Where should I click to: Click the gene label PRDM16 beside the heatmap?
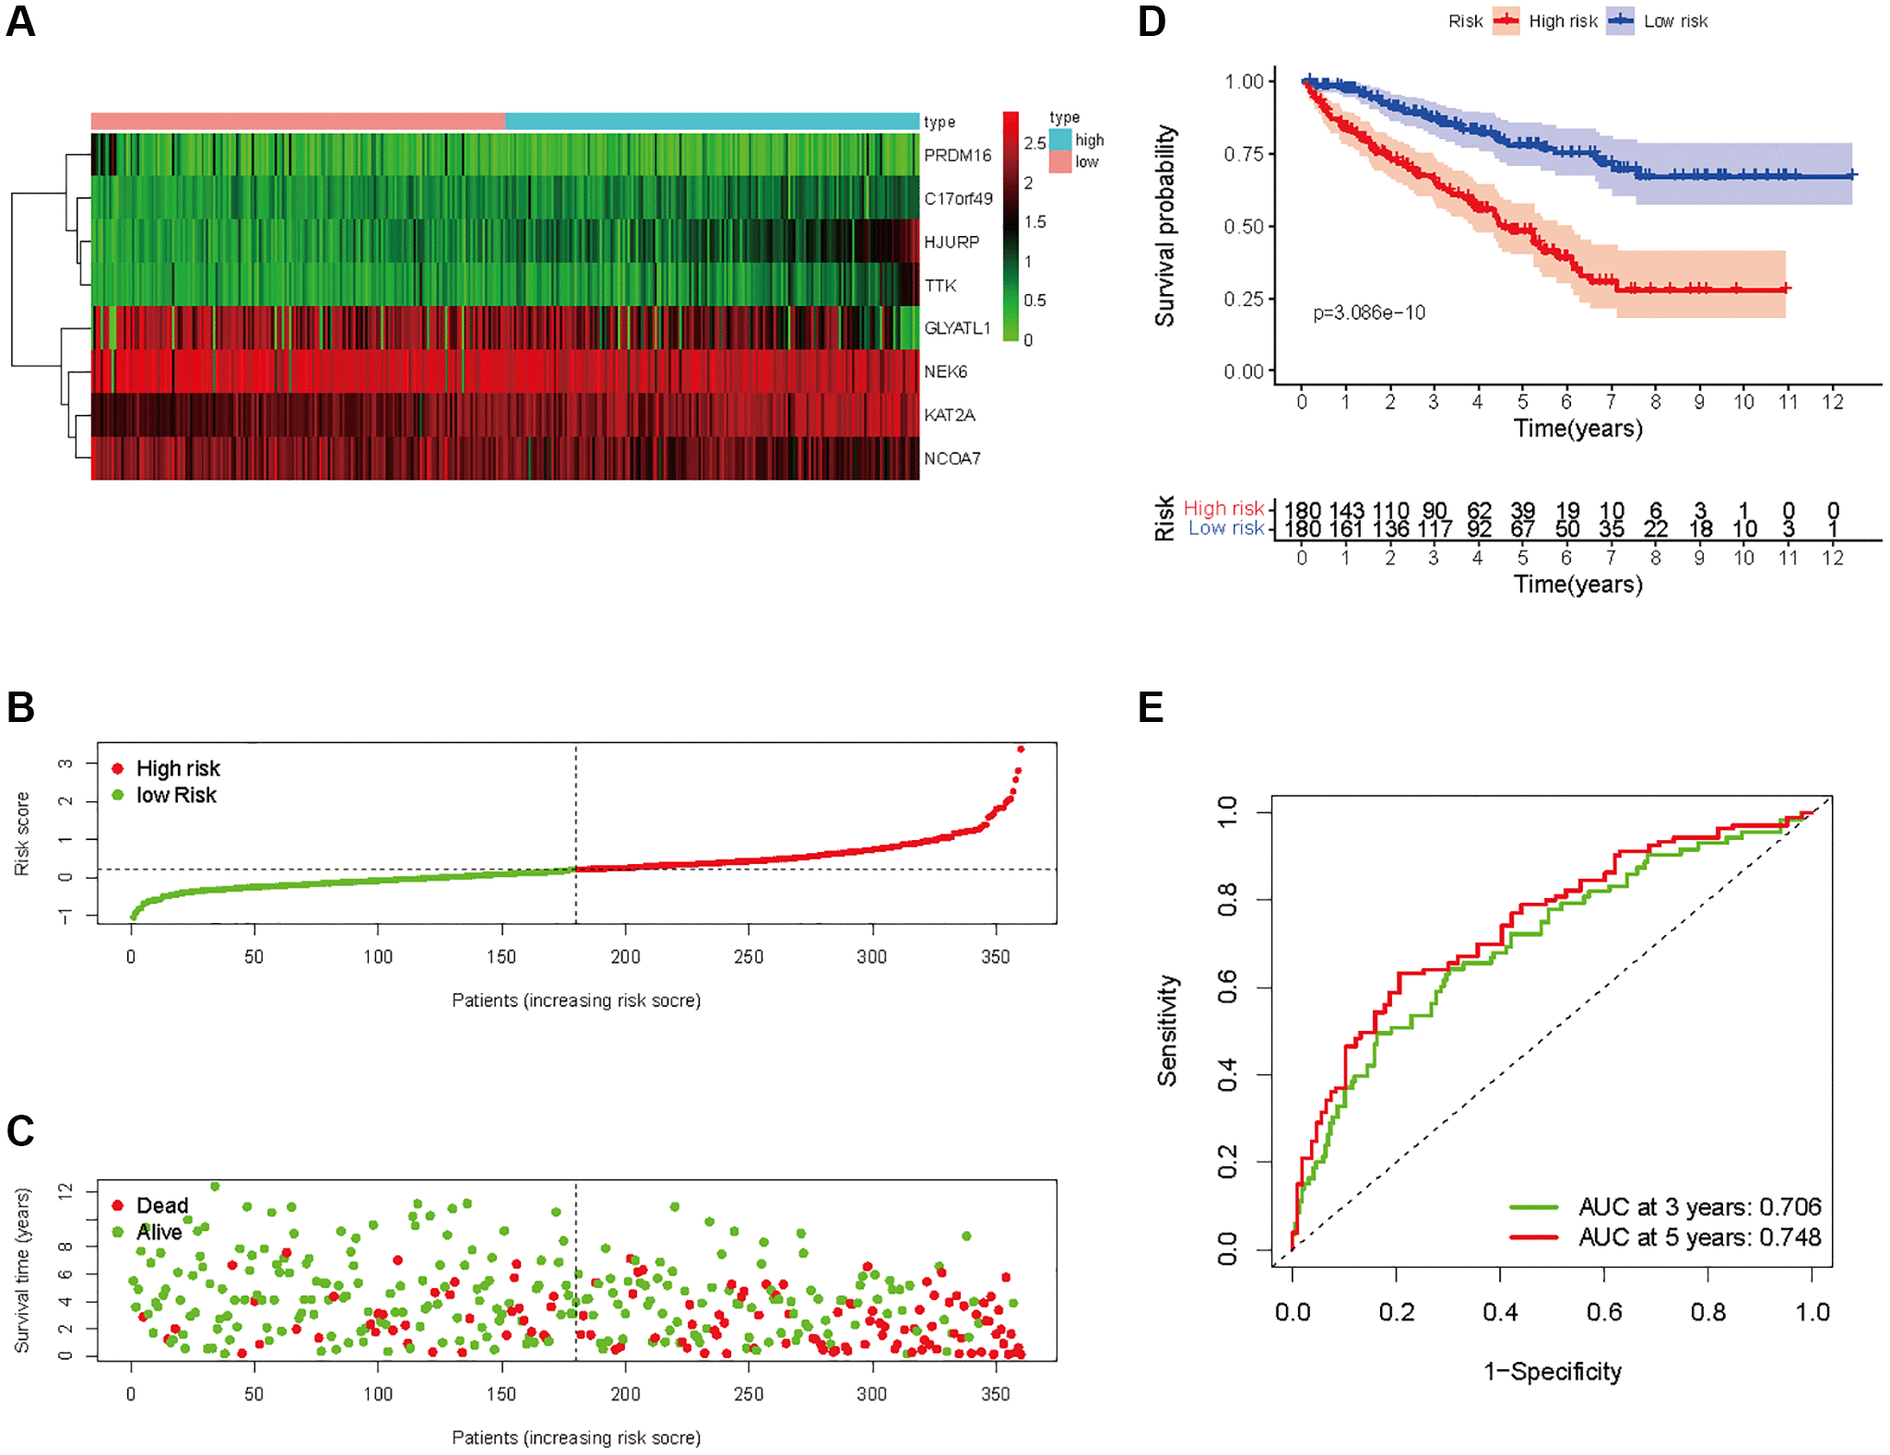957,155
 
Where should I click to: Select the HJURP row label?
951,242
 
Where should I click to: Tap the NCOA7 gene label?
951,458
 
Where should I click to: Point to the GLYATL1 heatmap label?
957,328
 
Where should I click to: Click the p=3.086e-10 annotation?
1368,313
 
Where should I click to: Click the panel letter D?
1152,21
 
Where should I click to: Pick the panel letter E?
1151,707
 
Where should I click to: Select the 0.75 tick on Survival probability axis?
1243,154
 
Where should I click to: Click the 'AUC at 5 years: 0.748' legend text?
1699,1236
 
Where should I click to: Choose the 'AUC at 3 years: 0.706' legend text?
1699,1206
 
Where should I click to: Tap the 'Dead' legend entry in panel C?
161,1205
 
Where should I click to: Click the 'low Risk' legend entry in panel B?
175,795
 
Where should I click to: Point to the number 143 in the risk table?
1346,510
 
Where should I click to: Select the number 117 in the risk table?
1435,529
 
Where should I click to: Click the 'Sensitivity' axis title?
1167,1030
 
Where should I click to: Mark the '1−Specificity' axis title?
1552,1371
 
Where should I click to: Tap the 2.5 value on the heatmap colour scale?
1034,143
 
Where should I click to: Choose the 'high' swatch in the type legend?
1060,140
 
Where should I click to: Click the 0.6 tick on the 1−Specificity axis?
1603,1312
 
